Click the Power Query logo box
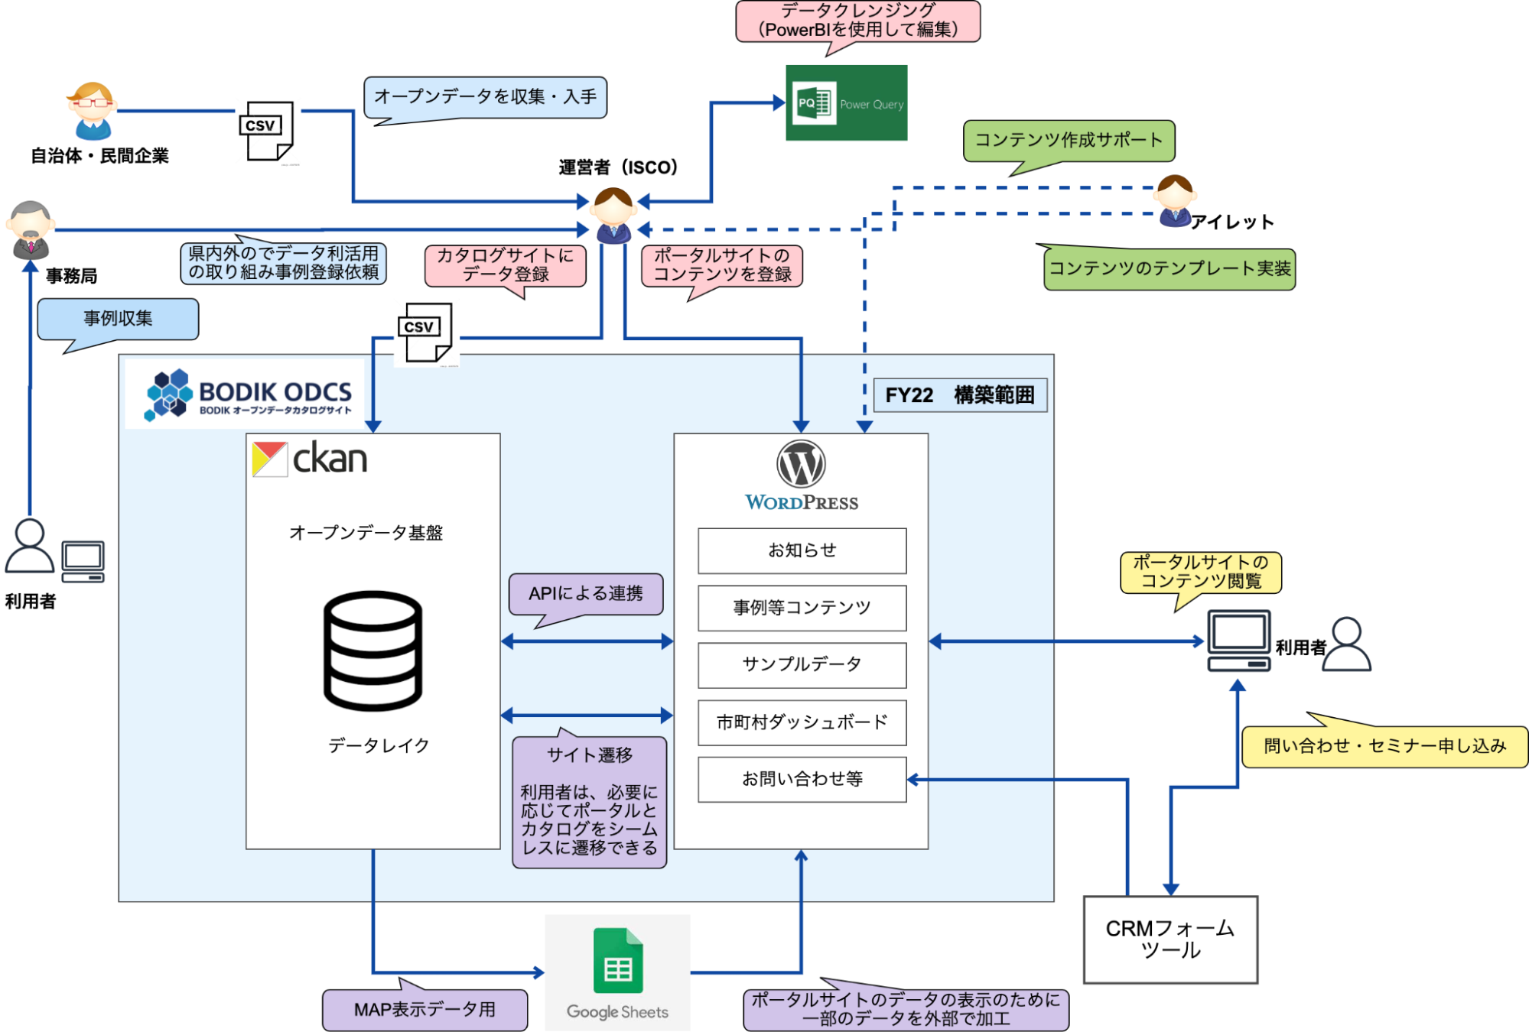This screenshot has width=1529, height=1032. pyautogui.click(x=846, y=102)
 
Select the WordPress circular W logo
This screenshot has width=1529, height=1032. pyautogui.click(x=801, y=464)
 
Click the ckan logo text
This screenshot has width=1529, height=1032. pyautogui.click(x=329, y=459)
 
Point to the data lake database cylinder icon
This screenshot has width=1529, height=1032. pyautogui.click(x=372, y=651)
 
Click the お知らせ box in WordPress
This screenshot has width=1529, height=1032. pyautogui.click(x=802, y=550)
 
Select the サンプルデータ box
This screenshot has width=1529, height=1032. pyautogui.click(x=802, y=664)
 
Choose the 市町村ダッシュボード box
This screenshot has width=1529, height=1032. pyautogui.click(x=802, y=722)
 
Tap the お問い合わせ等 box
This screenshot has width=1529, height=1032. pyautogui.click(x=802, y=779)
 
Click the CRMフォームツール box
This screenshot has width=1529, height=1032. pyautogui.click(x=1170, y=940)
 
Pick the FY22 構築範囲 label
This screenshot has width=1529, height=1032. pyautogui.click(x=960, y=395)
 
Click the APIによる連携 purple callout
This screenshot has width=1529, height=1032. pyautogui.click(x=586, y=594)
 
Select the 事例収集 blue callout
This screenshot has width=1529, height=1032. pyautogui.click(x=118, y=319)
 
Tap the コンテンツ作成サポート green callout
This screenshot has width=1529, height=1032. pyautogui.click(x=1068, y=141)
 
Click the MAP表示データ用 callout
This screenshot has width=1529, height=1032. pyautogui.click(x=425, y=1009)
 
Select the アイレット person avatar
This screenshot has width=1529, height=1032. pyautogui.click(x=1175, y=201)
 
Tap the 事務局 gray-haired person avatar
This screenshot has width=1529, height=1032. pyautogui.click(x=31, y=229)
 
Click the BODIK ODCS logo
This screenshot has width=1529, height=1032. pyautogui.click(x=249, y=394)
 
